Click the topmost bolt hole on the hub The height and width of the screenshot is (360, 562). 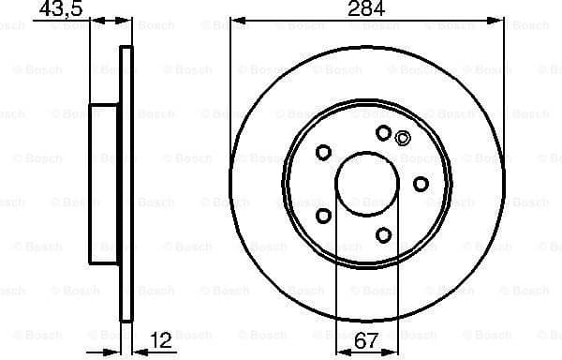tap(383, 133)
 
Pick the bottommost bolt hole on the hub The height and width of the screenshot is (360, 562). tap(383, 233)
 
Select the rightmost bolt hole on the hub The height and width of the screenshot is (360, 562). tap(421, 183)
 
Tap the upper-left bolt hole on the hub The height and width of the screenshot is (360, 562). tap(324, 152)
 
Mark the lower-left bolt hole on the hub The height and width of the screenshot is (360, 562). tap(324, 216)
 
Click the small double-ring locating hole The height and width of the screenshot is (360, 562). tap(403, 139)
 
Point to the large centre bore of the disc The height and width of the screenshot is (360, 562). tap(366, 183)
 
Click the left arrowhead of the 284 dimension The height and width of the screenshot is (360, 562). tap(235, 21)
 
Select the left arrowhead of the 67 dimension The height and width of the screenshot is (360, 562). tap(340, 349)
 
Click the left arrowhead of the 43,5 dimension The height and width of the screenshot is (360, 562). tap(96, 21)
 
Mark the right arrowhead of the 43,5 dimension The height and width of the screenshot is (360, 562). tap(126, 21)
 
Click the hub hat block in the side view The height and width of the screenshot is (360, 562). tap(105, 183)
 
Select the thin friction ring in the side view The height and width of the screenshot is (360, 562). tap(126, 183)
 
